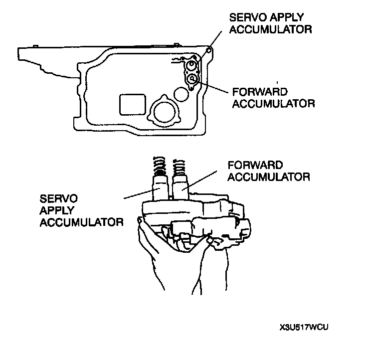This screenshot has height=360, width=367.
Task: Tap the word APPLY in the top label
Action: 289,16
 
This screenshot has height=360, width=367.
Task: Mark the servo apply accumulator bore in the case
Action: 190,65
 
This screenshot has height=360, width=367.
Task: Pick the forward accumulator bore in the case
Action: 191,79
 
